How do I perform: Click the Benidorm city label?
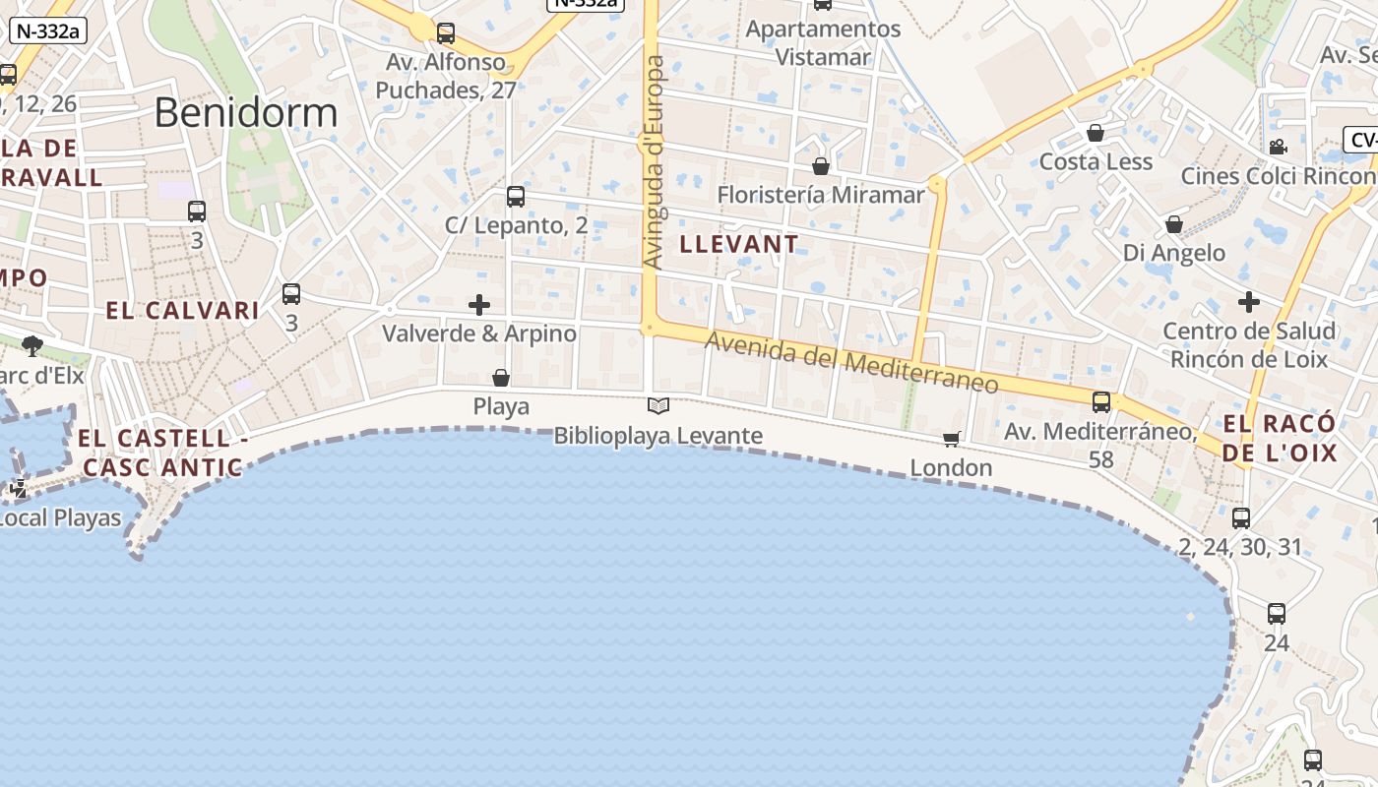coord(246,113)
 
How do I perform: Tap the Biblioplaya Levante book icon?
coord(658,405)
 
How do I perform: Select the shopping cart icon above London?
coord(951,439)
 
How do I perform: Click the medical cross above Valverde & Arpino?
coord(479,305)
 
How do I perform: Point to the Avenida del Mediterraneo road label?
coord(851,362)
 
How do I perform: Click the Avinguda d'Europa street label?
coord(654,162)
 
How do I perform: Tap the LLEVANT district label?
coord(739,244)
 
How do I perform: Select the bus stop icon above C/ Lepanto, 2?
coord(516,197)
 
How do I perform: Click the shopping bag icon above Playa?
coord(501,378)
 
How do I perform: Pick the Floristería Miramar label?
coord(821,195)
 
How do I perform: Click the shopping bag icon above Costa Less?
coord(1096,133)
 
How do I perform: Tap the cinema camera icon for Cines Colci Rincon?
coord(1278,148)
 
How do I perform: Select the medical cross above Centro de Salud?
coord(1249,301)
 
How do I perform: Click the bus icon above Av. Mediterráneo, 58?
coord(1101,402)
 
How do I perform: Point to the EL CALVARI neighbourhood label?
coord(182,311)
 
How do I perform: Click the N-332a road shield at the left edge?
coord(48,30)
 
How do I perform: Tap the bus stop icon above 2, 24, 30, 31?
coord(1241,518)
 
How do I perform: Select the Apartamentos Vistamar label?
coord(823,43)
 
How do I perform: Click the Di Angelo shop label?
coord(1174,253)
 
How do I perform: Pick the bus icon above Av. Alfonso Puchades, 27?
coord(446,33)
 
